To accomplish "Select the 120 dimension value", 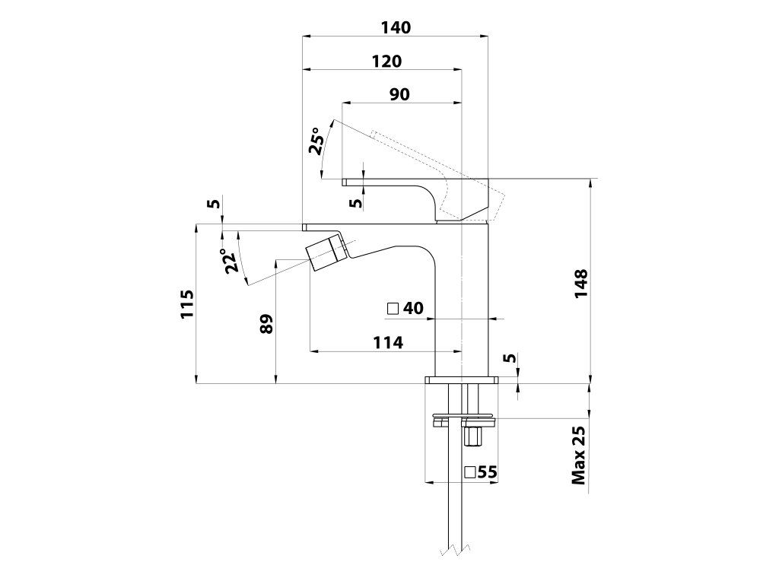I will point(386,61).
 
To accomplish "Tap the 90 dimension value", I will point(399,94).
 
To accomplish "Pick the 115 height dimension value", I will point(187,304).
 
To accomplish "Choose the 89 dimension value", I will point(265,324).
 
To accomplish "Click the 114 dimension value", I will point(388,343).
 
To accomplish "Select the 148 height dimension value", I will point(580,285).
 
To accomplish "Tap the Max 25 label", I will point(580,455).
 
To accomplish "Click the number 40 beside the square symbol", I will point(413,308).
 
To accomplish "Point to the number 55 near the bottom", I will point(488,472).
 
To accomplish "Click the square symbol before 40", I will point(393,309).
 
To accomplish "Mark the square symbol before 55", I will point(470,472).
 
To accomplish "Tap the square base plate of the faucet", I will point(462,379).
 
